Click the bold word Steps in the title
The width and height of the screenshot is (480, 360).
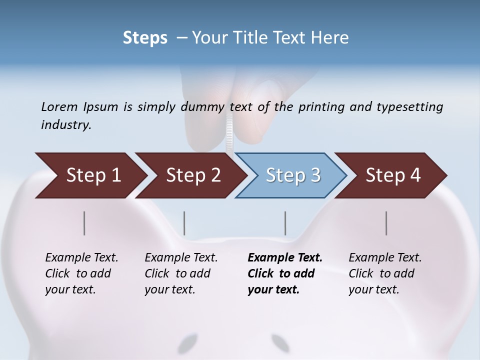(145, 38)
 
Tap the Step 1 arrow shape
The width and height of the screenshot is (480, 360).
(90, 175)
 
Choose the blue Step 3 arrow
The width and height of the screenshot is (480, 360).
(292, 175)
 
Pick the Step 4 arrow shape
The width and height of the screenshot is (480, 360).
(392, 175)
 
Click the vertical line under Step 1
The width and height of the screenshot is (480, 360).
(84, 223)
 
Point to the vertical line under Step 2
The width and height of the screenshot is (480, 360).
(184, 223)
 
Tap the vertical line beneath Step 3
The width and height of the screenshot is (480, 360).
(285, 223)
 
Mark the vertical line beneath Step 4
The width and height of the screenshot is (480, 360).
(386, 223)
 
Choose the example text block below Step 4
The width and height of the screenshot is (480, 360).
(385, 273)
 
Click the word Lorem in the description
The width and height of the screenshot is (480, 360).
(59, 106)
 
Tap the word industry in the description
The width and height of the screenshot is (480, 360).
(66, 124)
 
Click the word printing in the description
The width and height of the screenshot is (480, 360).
(320, 106)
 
